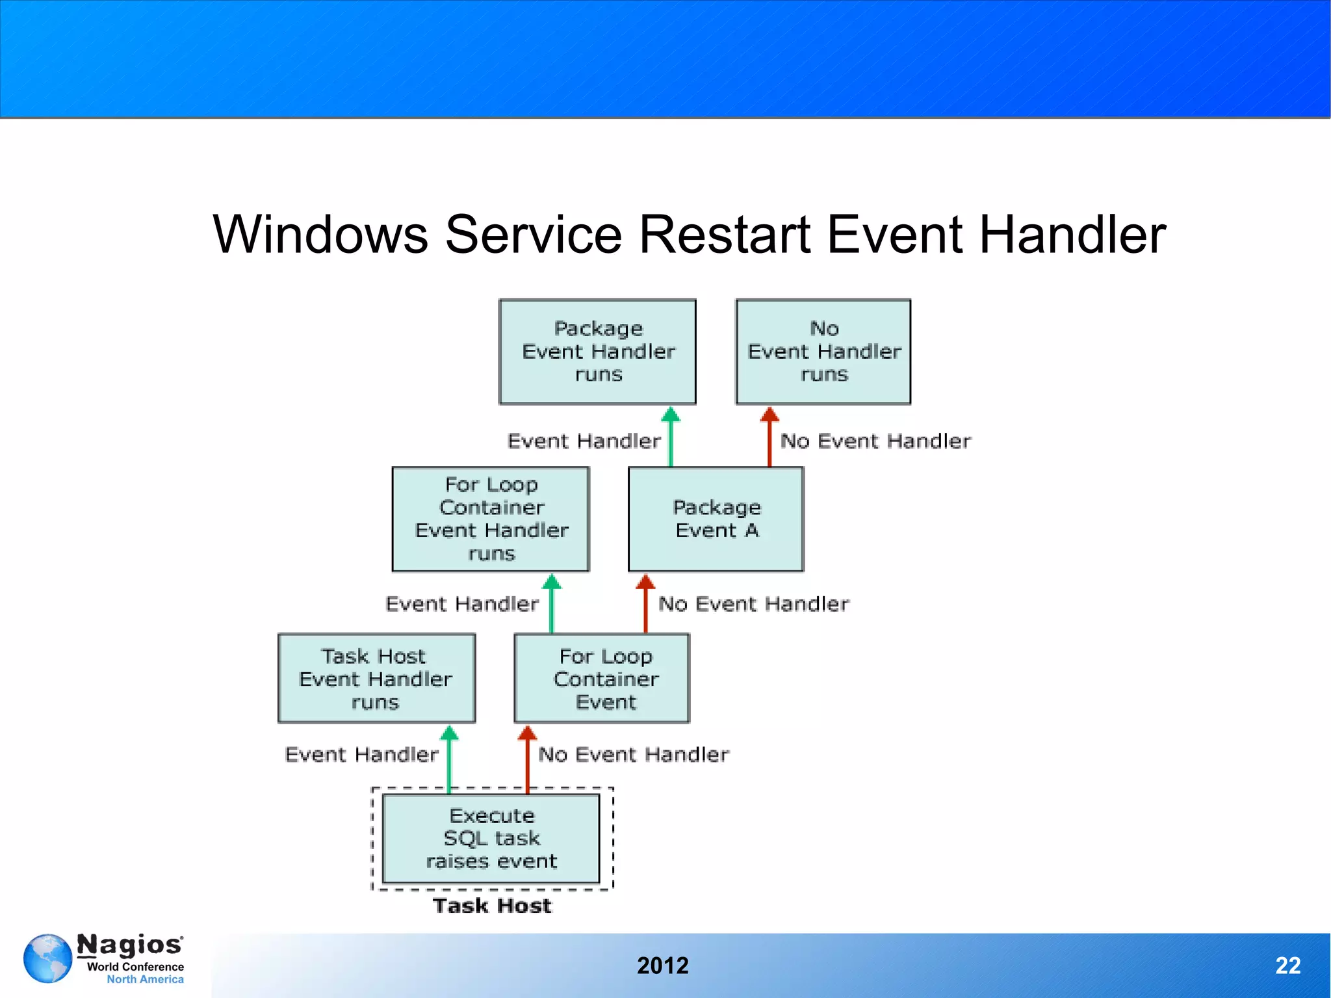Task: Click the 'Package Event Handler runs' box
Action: point(597,352)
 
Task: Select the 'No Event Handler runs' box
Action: point(823,352)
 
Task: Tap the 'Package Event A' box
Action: point(716,519)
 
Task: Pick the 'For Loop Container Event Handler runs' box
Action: point(491,519)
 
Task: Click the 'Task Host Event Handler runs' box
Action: point(376,678)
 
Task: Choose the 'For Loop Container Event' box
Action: point(602,678)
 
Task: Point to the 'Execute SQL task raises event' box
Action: point(491,838)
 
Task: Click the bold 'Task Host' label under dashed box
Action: point(492,906)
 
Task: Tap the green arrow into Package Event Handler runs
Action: point(671,436)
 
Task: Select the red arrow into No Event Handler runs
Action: point(769,436)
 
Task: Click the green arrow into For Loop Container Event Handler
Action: point(552,603)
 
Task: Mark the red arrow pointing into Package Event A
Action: point(645,603)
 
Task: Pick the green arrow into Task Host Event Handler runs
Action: point(449,759)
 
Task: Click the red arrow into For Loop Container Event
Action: point(527,759)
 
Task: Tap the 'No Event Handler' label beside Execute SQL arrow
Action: point(633,754)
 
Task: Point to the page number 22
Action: point(1287,965)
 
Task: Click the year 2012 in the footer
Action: point(662,965)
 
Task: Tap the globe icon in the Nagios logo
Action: point(47,958)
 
